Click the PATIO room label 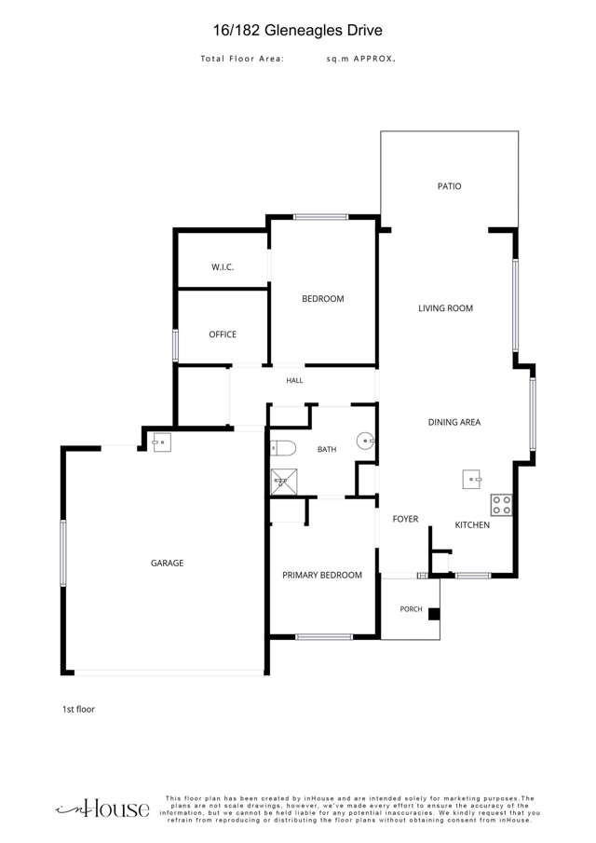449,186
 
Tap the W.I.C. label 222,267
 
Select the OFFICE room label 223,334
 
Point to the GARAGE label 167,563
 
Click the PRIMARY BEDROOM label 322,576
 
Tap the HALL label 294,381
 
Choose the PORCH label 411,609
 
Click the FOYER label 405,519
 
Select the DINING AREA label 454,423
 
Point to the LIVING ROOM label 445,308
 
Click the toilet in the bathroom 283,448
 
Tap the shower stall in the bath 284,482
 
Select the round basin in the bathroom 366,441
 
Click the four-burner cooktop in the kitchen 501,505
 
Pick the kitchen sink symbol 472,479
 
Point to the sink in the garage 162,442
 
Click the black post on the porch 434,614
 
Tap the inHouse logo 102,809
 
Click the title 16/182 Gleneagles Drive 298,30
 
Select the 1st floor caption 78,709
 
